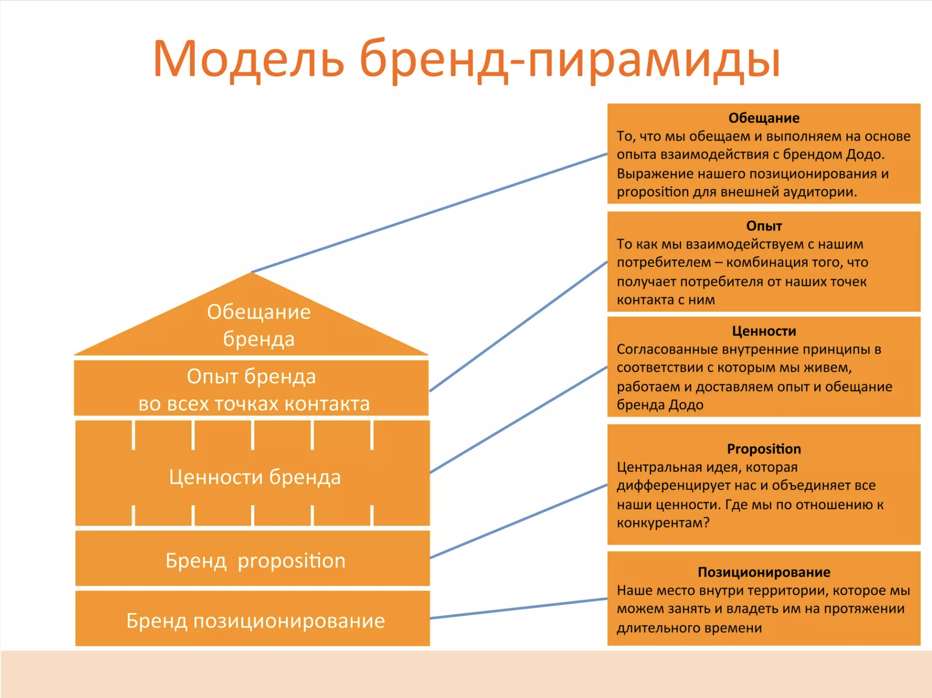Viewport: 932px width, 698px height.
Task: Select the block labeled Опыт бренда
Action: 251,388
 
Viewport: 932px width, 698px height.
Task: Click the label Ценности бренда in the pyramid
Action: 255,477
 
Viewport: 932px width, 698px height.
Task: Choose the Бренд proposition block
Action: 253,558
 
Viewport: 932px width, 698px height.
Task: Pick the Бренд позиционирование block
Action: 253,618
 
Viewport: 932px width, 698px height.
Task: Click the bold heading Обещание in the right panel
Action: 764,118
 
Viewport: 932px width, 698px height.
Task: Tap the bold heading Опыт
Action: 764,226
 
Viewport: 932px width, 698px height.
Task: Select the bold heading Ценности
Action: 764,331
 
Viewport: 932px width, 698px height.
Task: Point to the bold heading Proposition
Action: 764,449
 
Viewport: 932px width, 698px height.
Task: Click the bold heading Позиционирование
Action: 764,572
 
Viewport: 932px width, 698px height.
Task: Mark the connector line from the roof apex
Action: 429,213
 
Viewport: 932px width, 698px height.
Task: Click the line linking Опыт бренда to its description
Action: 518,326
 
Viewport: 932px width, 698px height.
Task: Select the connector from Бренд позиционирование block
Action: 519,608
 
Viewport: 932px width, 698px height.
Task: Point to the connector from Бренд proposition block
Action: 519,521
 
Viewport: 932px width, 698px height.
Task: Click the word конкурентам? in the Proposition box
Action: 663,523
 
